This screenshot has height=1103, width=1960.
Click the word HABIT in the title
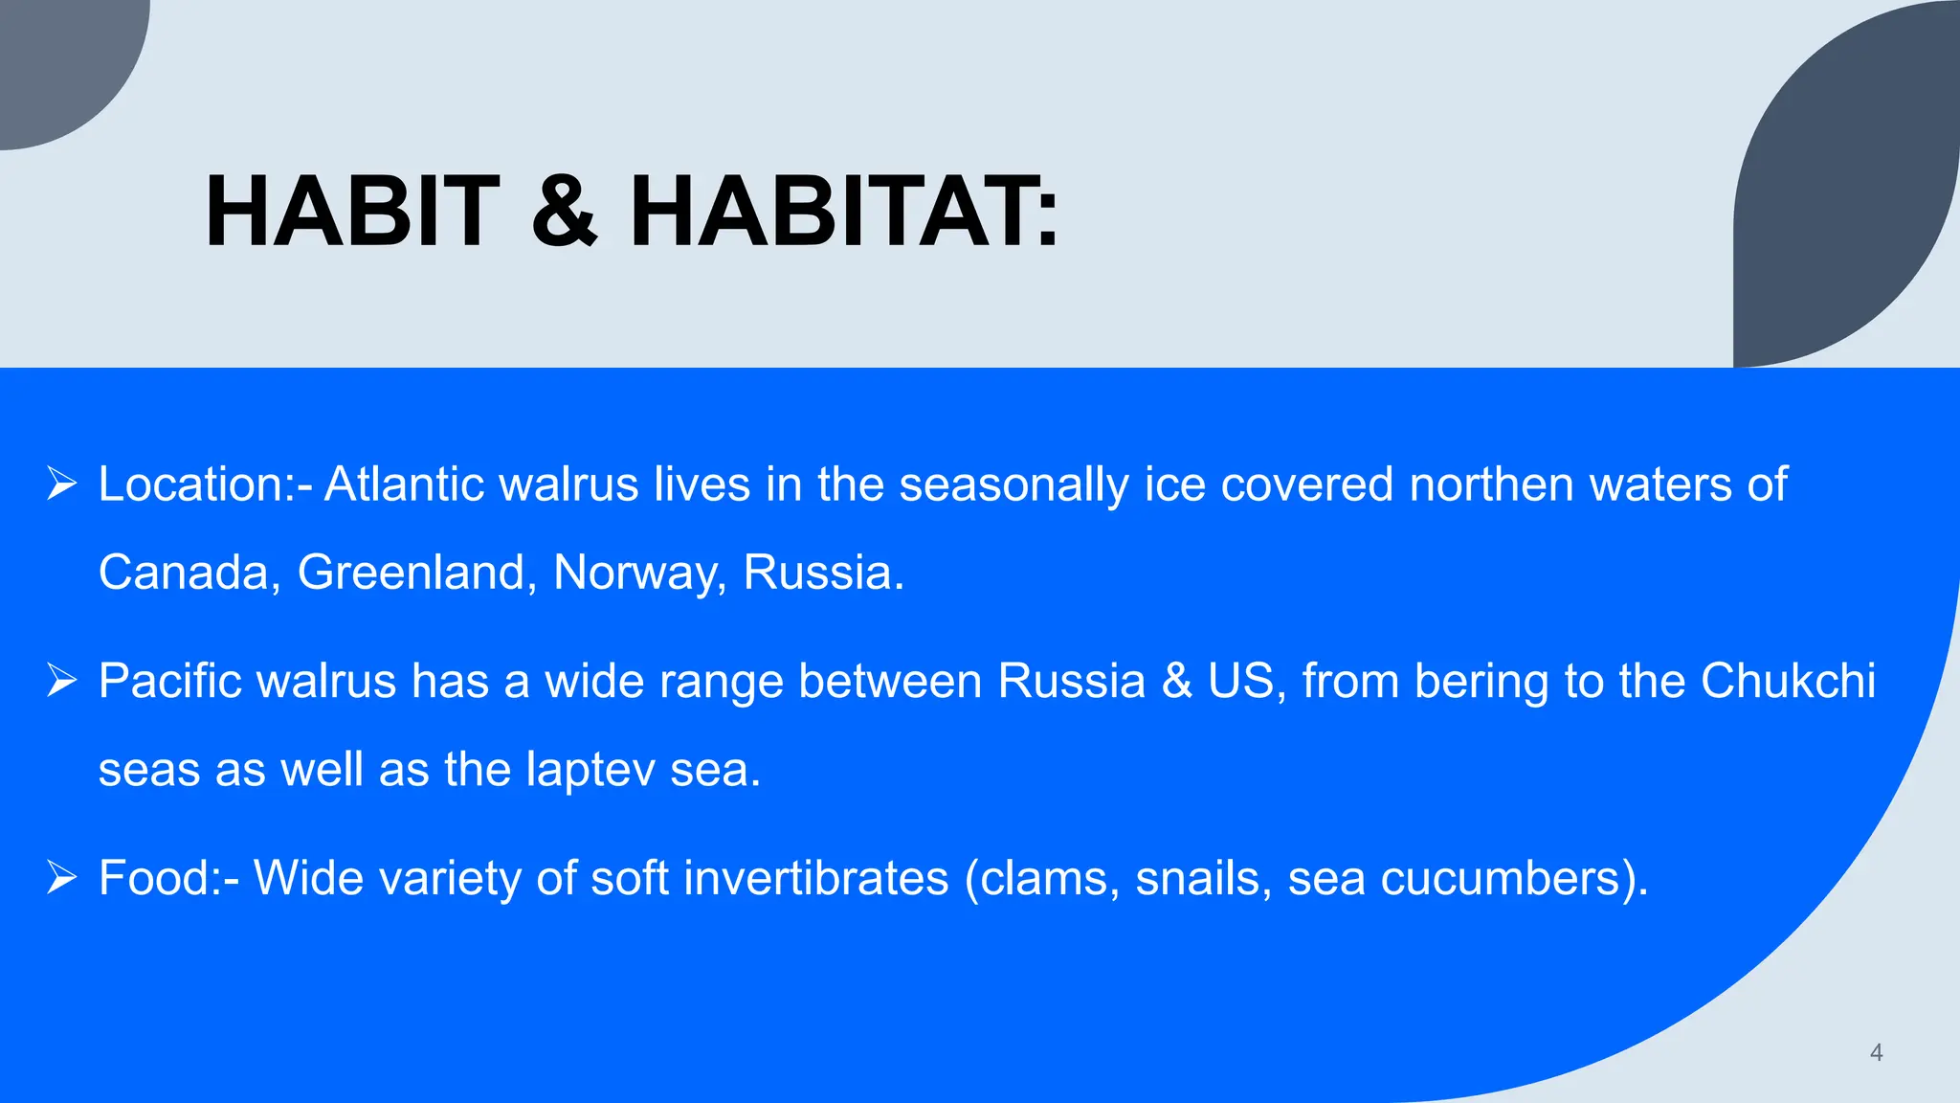coord(352,212)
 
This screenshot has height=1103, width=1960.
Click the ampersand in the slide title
coord(565,212)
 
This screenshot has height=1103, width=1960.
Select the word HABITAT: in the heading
coord(844,212)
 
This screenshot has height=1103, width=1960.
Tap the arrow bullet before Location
coord(62,484)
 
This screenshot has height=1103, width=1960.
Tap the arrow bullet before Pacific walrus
coord(62,682)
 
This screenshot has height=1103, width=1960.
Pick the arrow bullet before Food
coord(62,878)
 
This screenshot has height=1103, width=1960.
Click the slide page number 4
coord(1876,1053)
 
